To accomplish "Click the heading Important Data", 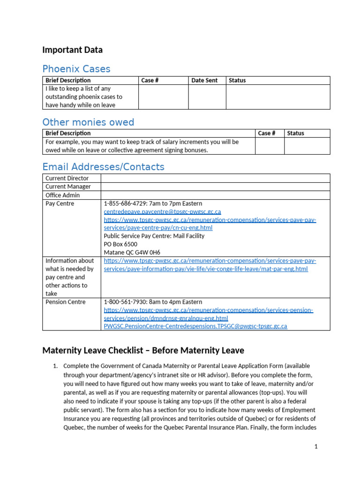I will [x=72, y=50].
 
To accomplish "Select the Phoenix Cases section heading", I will [x=76, y=69].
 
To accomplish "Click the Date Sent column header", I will [x=204, y=80].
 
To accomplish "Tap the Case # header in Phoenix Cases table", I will [x=150, y=80].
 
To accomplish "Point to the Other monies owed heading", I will [x=88, y=122].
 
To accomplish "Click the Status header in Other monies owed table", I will [x=295, y=133].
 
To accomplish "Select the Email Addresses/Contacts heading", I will [x=103, y=167].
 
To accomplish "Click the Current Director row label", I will [x=67, y=178].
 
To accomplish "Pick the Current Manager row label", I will [x=68, y=187].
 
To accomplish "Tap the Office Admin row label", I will [x=62, y=195].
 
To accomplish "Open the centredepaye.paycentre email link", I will [x=162, y=212].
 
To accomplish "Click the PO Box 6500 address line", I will [x=120, y=244].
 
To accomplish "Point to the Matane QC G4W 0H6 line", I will [x=132, y=253].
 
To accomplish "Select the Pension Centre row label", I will [x=65, y=302].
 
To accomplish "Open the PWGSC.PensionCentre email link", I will [x=195, y=326].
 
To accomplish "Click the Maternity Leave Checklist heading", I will [x=143, y=351].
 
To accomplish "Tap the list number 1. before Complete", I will [x=55, y=366].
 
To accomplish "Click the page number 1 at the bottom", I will [x=316, y=447].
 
